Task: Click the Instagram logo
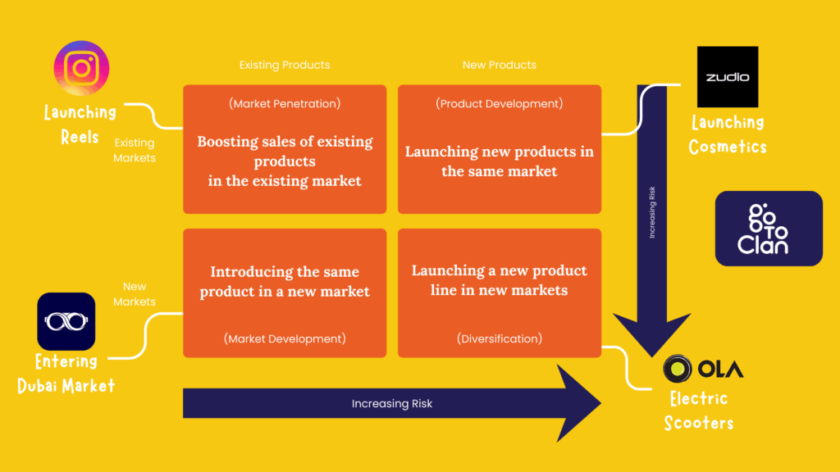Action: (x=81, y=68)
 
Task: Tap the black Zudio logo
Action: (x=728, y=76)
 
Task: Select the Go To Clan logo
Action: (x=769, y=229)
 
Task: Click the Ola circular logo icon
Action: (x=677, y=368)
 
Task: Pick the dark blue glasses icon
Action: (x=66, y=321)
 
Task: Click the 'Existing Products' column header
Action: (x=285, y=65)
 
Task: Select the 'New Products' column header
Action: (x=500, y=65)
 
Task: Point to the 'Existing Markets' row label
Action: (x=135, y=151)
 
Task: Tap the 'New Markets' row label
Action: (x=135, y=294)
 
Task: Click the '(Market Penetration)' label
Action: (x=285, y=104)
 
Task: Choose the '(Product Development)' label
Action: (x=500, y=104)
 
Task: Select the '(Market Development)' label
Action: (x=285, y=338)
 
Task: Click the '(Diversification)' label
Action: (x=500, y=338)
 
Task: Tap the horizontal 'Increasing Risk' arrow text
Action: (x=391, y=403)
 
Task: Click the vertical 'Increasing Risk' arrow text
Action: (x=652, y=212)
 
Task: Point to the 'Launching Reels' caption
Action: (x=80, y=125)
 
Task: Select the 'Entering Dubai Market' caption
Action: (x=66, y=374)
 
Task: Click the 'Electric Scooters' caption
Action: (x=699, y=411)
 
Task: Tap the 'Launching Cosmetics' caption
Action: (x=728, y=134)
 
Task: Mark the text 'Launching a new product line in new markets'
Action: (x=500, y=280)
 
